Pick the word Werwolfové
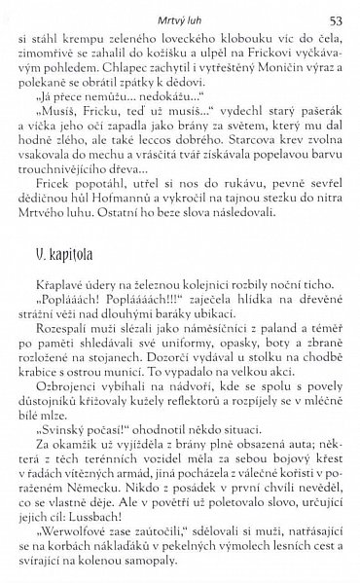[x=67, y=537]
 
